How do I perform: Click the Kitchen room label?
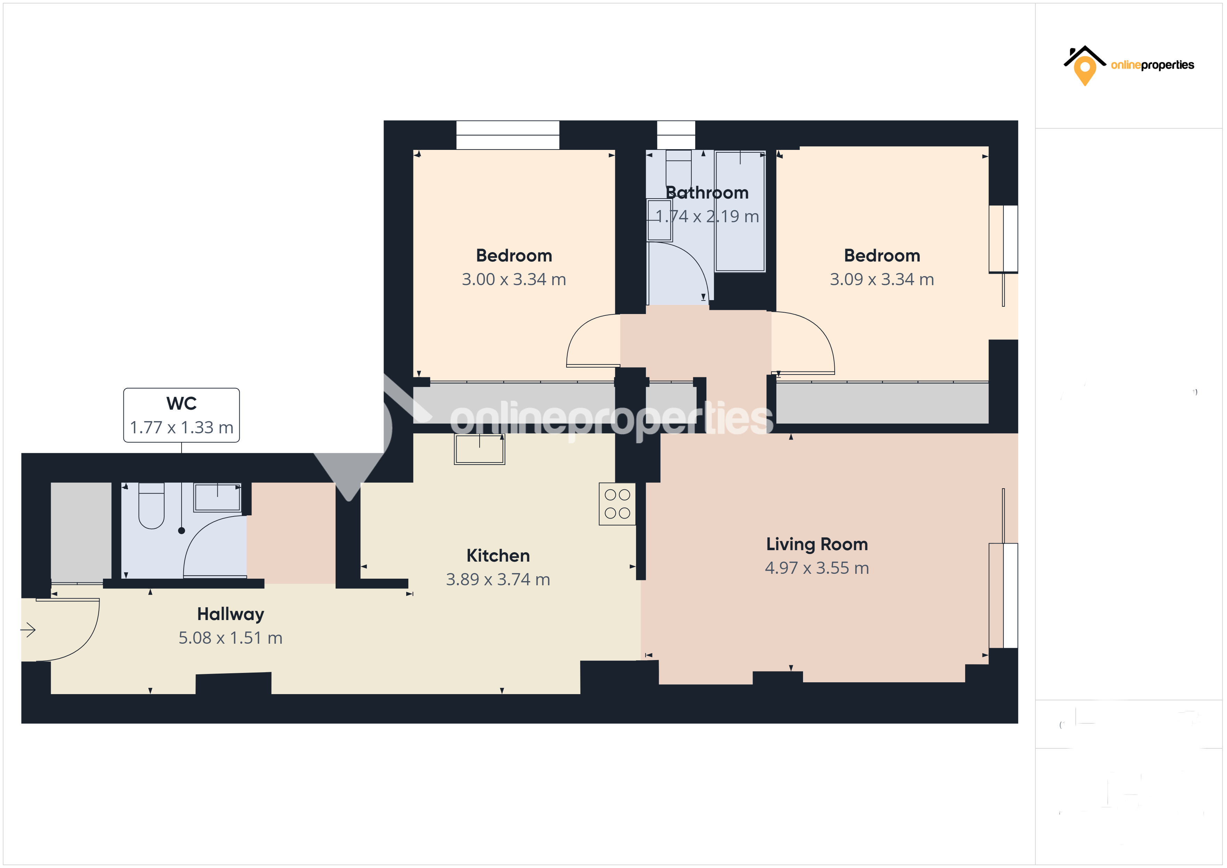[x=498, y=556]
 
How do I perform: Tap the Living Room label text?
[x=817, y=544]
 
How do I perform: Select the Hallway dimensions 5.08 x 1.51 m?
[x=230, y=638]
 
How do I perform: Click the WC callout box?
[x=182, y=415]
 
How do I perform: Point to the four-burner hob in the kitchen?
[x=617, y=504]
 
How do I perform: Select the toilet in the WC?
[x=151, y=507]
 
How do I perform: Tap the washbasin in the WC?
[x=217, y=498]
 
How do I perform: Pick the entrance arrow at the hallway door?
[x=28, y=630]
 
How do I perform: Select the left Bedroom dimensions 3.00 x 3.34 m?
[x=514, y=280]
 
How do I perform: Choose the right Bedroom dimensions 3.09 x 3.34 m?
[x=882, y=280]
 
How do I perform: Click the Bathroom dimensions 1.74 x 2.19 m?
[x=707, y=216]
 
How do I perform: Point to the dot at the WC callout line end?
[x=182, y=531]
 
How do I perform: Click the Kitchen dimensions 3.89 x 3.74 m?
[x=498, y=579]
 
